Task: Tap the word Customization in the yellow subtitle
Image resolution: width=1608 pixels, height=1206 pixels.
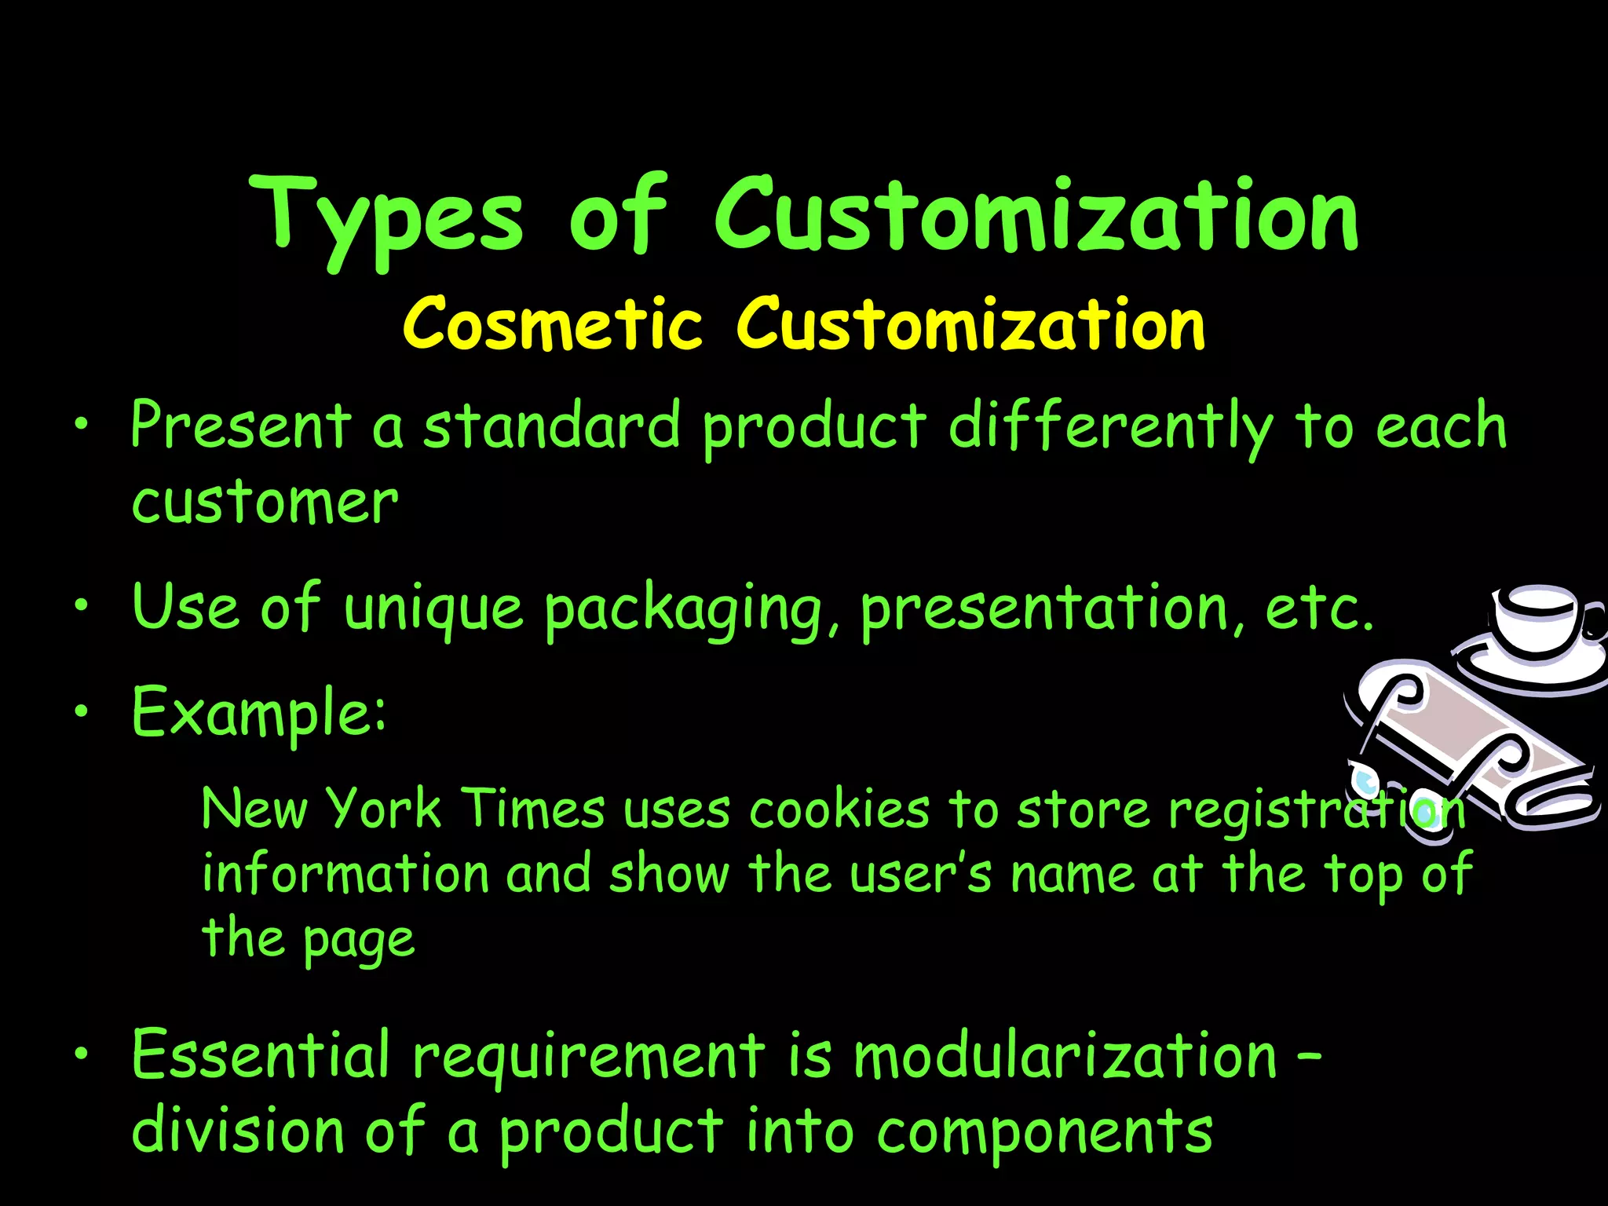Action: [970, 323]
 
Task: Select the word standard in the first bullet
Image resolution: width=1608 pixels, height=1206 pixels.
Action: [552, 425]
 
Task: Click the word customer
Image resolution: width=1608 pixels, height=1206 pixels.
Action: [265, 502]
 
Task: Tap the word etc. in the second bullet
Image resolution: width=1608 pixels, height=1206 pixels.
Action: [1319, 608]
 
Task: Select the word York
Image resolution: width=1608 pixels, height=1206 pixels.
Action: [383, 809]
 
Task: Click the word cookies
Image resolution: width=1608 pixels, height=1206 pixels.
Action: [839, 809]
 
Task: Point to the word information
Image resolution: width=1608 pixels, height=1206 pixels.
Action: [345, 873]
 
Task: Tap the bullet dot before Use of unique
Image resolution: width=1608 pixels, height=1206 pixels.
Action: [80, 606]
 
